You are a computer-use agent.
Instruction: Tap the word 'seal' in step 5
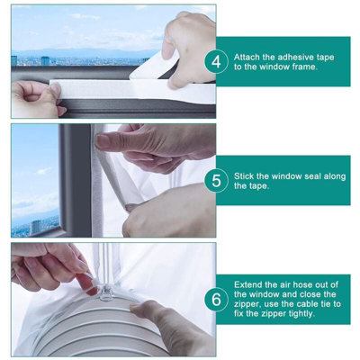click(x=328, y=174)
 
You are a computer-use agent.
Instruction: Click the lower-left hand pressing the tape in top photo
click(x=36, y=97)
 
